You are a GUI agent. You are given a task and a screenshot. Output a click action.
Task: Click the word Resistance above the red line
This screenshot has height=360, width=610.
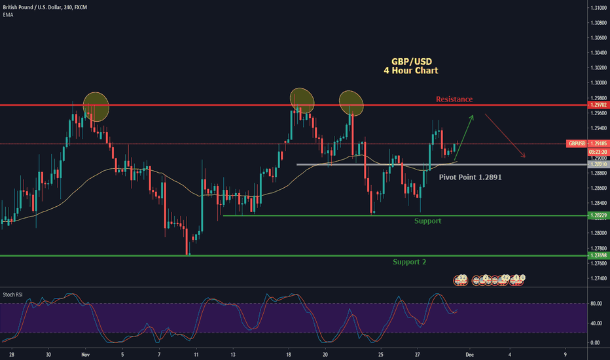point(454,99)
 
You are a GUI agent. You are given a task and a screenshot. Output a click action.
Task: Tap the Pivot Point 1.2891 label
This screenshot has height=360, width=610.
point(470,177)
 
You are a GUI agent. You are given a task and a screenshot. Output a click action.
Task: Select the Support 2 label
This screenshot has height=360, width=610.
point(410,262)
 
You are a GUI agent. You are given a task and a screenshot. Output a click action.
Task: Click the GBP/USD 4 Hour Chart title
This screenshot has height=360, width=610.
point(410,65)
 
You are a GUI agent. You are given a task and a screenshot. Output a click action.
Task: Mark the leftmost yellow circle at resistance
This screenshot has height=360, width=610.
point(96,106)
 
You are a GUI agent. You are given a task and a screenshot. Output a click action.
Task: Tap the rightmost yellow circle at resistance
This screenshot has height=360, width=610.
point(351,102)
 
